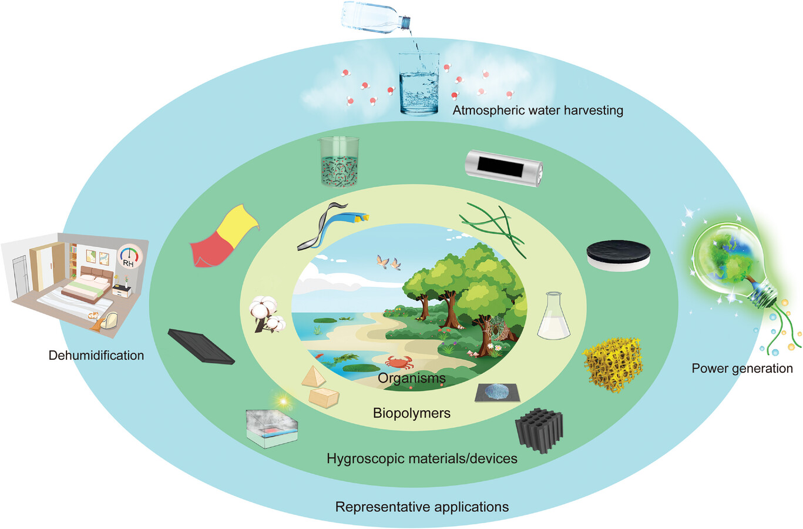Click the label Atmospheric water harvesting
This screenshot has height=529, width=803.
click(x=537, y=110)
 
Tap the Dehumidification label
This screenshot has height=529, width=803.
click(x=96, y=355)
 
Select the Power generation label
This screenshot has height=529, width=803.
click(x=742, y=369)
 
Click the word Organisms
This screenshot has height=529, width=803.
click(x=411, y=378)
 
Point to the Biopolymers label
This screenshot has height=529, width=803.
click(x=411, y=413)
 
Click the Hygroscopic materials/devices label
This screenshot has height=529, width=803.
click(x=422, y=458)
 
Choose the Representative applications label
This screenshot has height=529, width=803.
click(x=422, y=507)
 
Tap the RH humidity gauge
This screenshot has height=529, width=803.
click(x=129, y=257)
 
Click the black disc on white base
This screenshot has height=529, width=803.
click(x=618, y=256)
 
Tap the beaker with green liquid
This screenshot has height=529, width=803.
click(x=338, y=161)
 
